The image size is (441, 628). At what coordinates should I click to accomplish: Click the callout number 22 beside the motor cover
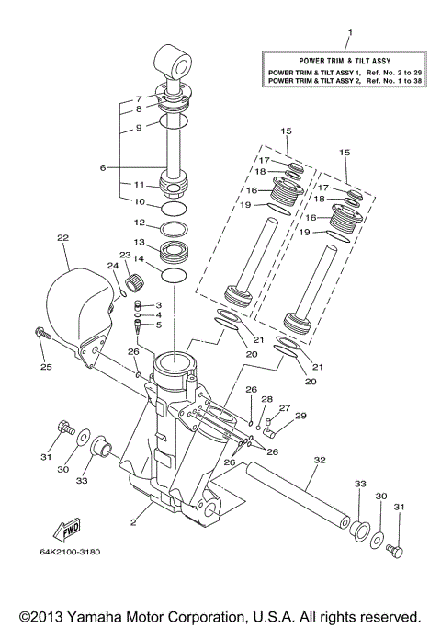click(x=62, y=238)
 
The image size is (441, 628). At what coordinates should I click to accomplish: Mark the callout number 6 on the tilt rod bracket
click(x=103, y=167)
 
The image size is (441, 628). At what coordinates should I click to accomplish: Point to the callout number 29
click(x=300, y=417)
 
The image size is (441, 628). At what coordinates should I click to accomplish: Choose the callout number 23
click(x=123, y=255)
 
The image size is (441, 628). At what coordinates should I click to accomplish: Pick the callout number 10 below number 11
click(x=139, y=202)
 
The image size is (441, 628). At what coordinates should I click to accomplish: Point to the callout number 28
click(x=266, y=399)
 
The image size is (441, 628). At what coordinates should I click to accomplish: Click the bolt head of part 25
click(x=40, y=333)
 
